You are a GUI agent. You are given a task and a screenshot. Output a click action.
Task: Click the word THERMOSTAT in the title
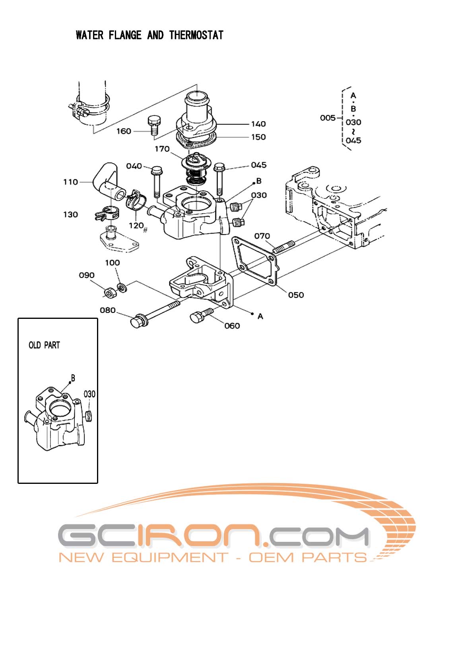(x=196, y=35)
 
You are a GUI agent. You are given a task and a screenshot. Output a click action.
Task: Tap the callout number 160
(x=124, y=131)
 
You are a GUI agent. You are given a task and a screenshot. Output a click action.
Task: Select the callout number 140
(x=258, y=124)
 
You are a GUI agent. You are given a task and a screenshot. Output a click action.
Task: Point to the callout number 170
(x=162, y=149)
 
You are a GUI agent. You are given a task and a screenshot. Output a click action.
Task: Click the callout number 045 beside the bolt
(x=259, y=165)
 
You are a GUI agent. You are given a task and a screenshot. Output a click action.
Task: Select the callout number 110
(x=71, y=182)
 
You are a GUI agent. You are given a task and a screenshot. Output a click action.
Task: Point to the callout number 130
(x=71, y=215)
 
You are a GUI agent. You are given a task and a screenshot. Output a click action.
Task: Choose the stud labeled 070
(x=283, y=247)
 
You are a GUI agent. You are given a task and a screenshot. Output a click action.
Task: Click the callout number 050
(x=296, y=295)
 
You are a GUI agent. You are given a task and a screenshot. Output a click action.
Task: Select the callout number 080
(x=107, y=310)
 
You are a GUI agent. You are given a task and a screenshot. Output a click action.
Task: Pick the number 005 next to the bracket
(x=328, y=118)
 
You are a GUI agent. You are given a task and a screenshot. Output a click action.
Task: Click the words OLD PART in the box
(x=44, y=345)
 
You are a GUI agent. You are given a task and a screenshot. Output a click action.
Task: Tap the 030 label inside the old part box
(x=89, y=394)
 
